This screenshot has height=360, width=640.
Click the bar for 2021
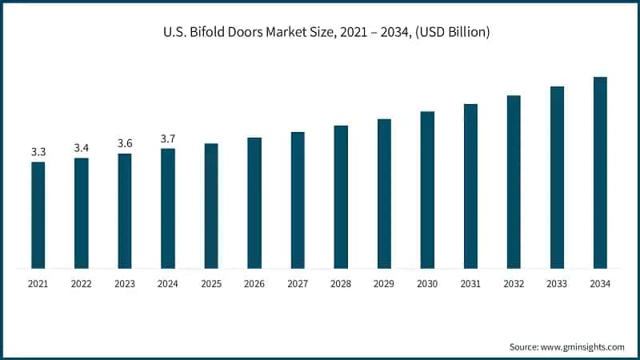click(38, 214)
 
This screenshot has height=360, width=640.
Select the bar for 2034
click(600, 172)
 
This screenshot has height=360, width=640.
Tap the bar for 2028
click(341, 196)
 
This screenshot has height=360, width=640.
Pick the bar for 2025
click(211, 206)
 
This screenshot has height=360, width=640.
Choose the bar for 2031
click(470, 186)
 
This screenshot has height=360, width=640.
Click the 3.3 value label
click(38, 152)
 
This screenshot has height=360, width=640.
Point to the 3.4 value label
click(82, 148)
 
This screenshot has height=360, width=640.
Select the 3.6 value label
click(125, 143)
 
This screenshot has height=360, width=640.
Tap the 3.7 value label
click(168, 138)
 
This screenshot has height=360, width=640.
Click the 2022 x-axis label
click(82, 284)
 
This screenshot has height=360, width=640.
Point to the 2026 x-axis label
click(254, 284)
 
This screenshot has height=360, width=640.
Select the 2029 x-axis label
click(384, 284)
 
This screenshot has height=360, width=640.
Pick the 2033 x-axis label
click(557, 284)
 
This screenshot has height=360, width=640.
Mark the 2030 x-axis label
click(427, 284)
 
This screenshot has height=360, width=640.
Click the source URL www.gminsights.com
click(583, 346)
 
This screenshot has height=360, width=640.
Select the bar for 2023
click(125, 210)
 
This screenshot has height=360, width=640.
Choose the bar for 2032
click(514, 182)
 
